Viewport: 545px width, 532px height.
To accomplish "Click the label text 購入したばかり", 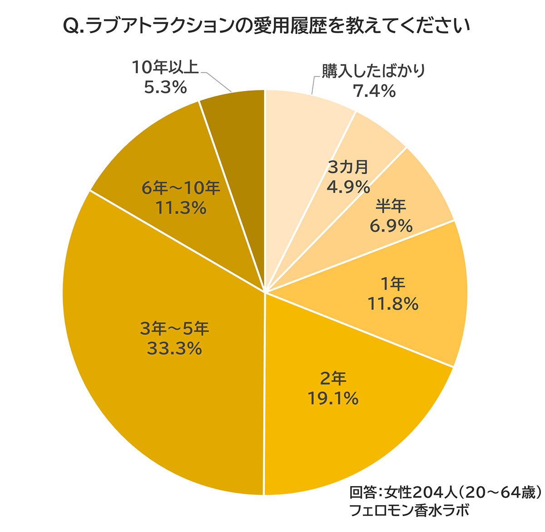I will [x=373, y=71].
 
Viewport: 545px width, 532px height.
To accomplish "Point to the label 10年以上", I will [x=165, y=67].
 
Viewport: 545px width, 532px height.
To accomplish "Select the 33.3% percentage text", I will [x=174, y=349].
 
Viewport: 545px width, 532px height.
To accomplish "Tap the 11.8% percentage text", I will [x=392, y=304].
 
